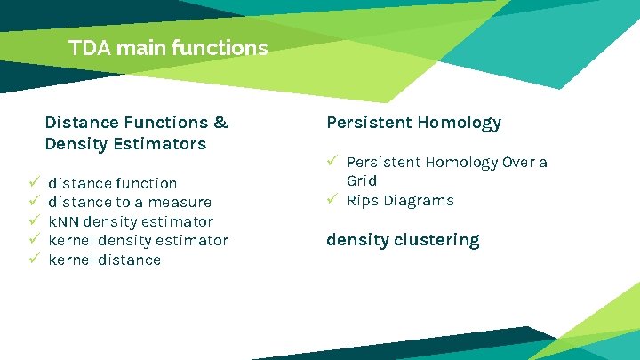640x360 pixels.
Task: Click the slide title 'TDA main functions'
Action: (168, 48)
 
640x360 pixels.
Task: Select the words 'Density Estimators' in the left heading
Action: (125, 143)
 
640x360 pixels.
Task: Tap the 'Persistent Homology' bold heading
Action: (413, 122)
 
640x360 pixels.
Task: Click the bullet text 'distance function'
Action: (112, 183)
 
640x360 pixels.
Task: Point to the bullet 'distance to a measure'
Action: (130, 202)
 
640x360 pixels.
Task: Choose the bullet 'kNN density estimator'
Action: (131, 221)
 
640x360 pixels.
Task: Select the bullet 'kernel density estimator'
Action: (138, 240)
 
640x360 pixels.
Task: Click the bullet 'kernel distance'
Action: (104, 260)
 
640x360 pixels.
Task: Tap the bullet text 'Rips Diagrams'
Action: (400, 200)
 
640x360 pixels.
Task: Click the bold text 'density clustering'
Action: (403, 240)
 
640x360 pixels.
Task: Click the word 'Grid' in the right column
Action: (362, 180)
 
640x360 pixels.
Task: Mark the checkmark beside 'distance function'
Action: (34, 182)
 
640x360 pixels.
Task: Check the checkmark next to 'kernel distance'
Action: (34, 259)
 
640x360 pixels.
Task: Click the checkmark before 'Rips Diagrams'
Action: (332, 199)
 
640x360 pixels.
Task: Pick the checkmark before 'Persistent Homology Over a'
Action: (332, 161)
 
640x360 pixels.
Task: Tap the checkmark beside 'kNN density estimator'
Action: (34, 220)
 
